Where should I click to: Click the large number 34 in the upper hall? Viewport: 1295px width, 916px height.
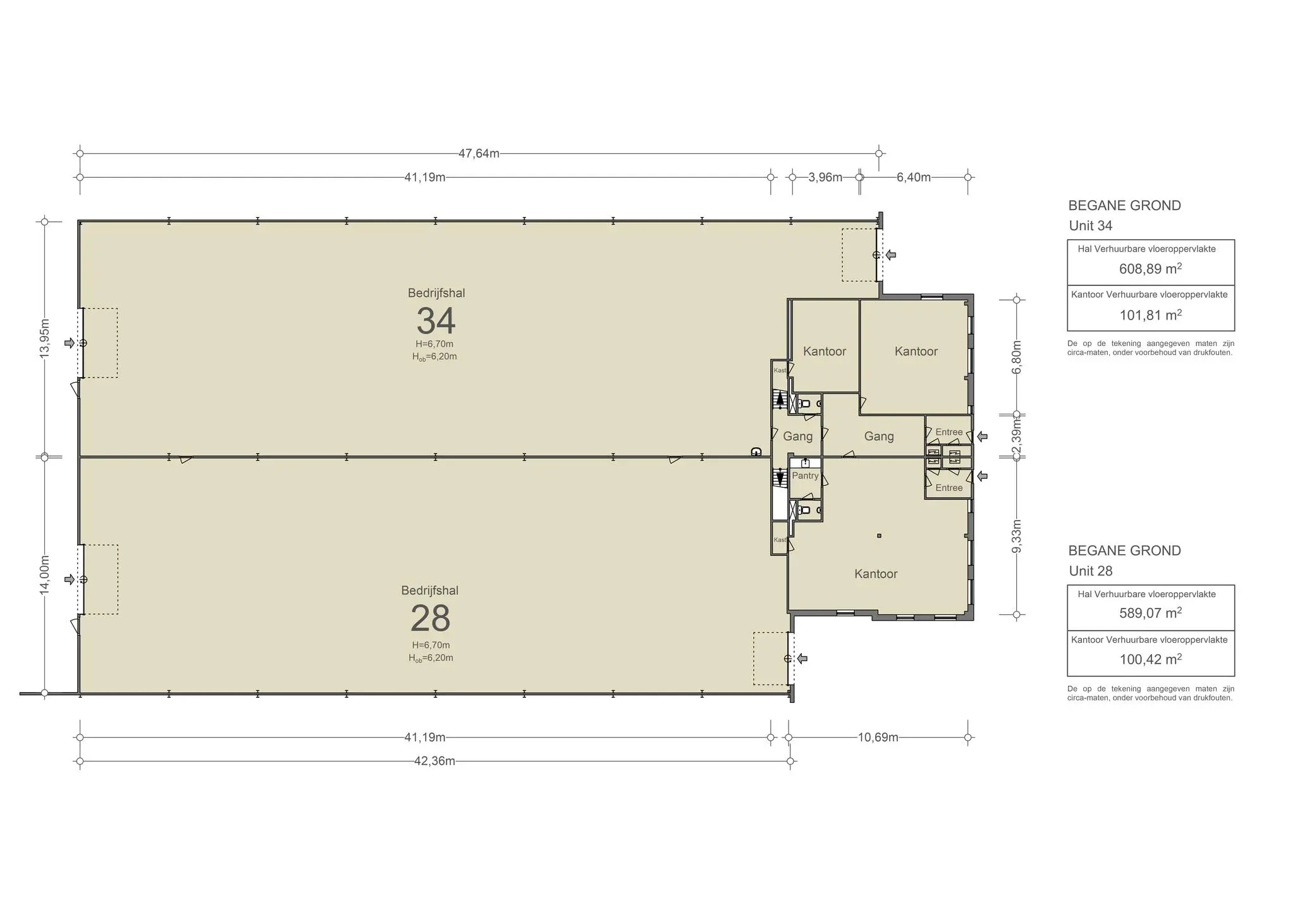pos(436,321)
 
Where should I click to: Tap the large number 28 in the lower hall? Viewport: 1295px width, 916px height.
pos(430,618)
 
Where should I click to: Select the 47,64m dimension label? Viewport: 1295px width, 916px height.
pos(479,154)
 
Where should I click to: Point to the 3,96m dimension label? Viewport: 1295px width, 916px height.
pos(825,177)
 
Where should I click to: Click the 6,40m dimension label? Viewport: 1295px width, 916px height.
pos(914,177)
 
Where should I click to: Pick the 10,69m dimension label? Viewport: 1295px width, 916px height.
pos(878,738)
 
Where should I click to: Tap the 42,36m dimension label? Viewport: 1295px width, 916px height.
pos(434,761)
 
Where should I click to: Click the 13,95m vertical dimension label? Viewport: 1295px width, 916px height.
pos(45,338)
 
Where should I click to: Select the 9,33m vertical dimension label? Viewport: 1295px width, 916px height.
pos(1017,536)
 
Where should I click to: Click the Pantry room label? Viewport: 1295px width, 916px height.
pos(805,476)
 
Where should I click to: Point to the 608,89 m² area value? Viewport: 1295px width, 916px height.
pos(1150,268)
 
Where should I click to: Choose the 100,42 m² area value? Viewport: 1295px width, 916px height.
pos(1150,659)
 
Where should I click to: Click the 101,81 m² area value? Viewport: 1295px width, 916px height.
pos(1150,314)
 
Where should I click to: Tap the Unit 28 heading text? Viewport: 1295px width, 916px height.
pos(1091,571)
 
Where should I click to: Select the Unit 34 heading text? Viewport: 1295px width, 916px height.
pos(1091,226)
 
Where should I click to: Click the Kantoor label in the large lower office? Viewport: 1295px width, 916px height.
pos(876,574)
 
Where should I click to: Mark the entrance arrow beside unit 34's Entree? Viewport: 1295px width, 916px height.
pos(982,436)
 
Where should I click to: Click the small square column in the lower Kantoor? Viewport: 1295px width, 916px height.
pos(879,536)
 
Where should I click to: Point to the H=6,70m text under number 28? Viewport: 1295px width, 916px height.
pos(431,645)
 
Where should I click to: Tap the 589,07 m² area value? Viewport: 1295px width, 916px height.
pos(1150,613)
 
